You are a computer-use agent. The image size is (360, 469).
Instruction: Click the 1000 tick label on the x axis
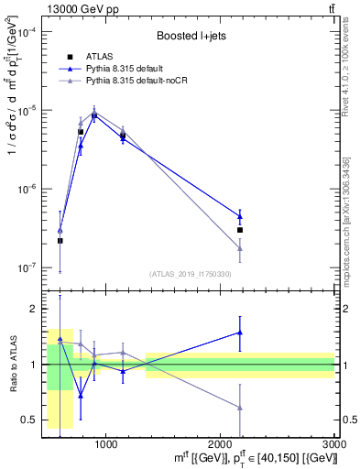point(105,443)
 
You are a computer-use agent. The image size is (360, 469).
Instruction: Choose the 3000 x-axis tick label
point(333,443)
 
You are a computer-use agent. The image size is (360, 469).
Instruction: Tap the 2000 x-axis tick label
point(220,443)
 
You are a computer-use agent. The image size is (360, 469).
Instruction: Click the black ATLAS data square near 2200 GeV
point(240,230)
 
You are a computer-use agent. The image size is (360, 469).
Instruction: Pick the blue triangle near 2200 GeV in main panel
point(240,216)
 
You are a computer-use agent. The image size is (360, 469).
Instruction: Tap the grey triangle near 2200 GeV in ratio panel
point(240,407)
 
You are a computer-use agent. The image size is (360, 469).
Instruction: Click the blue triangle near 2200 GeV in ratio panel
point(240,333)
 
